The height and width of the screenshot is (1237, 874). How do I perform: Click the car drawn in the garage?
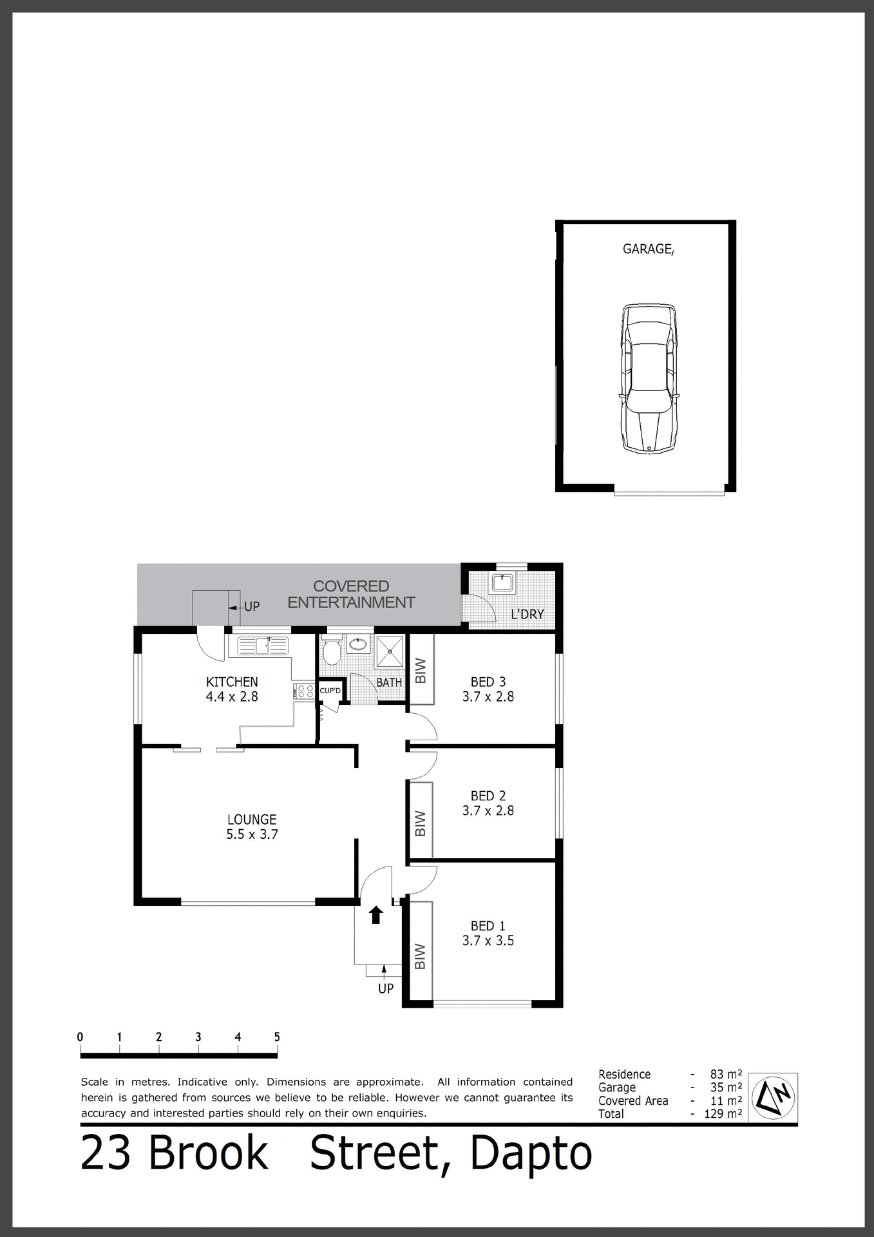[649, 379]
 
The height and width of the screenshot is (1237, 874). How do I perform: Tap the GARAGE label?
[648, 249]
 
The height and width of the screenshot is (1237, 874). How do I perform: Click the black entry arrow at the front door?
[376, 915]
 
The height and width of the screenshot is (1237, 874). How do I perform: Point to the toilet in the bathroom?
[332, 652]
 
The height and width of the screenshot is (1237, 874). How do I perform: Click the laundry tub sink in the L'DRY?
[502, 582]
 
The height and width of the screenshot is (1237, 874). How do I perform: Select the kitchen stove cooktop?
[304, 692]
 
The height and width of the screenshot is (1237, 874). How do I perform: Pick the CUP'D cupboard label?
[330, 691]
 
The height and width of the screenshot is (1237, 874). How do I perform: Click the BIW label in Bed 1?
[421, 957]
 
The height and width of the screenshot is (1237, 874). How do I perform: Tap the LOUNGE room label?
[252, 820]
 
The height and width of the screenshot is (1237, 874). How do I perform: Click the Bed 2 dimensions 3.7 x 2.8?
[488, 811]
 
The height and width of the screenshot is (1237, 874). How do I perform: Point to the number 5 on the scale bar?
[277, 1037]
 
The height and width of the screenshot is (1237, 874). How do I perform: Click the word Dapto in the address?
[531, 1155]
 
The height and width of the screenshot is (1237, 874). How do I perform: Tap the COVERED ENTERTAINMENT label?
[351, 595]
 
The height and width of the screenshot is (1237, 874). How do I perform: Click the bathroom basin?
[357, 643]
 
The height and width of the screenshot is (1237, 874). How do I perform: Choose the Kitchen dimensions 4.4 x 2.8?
[232, 696]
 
